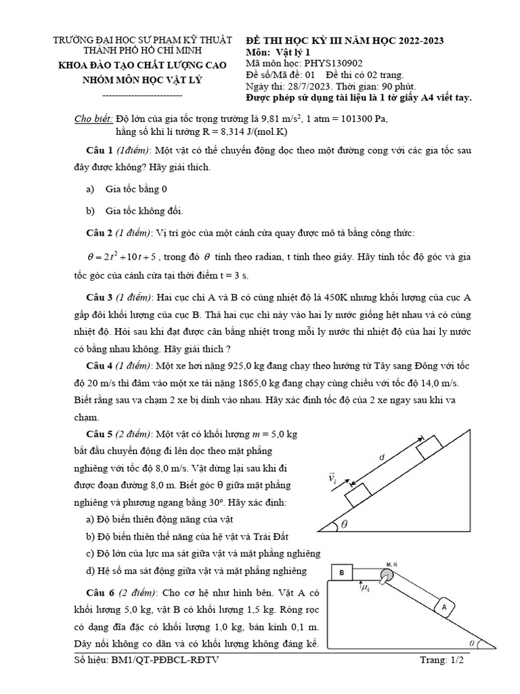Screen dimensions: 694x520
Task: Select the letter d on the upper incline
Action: click(381, 457)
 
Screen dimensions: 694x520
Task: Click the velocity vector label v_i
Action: click(332, 479)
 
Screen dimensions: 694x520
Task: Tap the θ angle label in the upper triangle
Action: click(344, 524)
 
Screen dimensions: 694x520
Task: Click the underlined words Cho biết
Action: click(93, 119)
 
